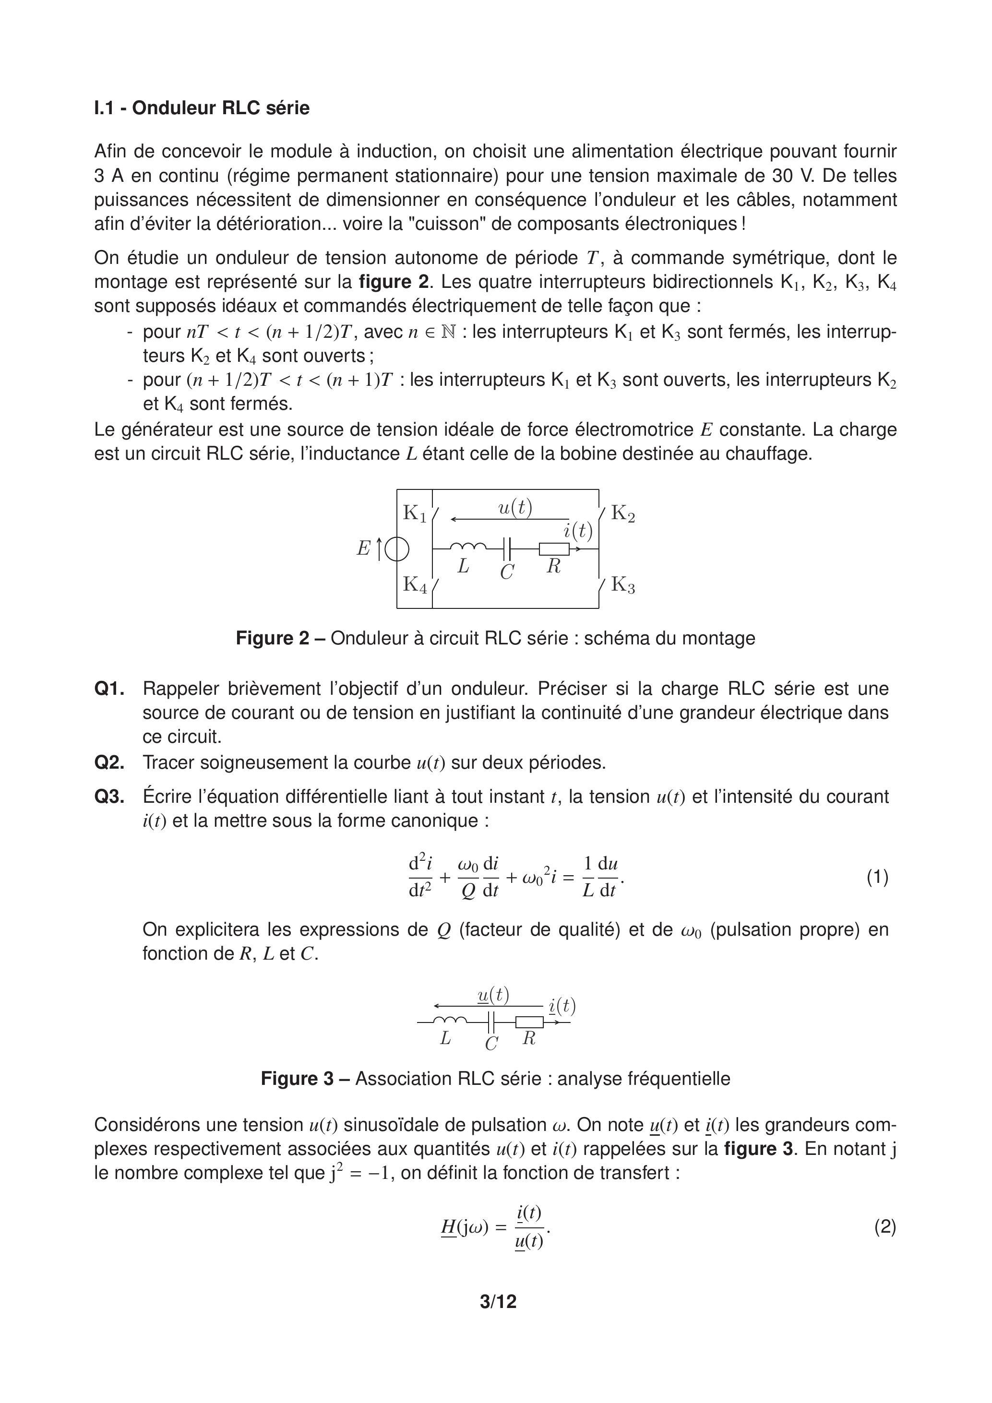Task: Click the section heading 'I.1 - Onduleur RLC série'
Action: pos(202,108)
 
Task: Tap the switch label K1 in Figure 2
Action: pos(414,513)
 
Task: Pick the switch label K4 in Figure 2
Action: pos(414,585)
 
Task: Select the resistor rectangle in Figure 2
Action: pos(554,549)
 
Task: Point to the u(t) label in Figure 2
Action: pos(515,508)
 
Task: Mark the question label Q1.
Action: pos(109,689)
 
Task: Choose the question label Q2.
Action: pos(109,762)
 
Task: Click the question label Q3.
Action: pos(109,797)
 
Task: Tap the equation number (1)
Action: pos(877,878)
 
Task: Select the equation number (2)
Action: pos(884,1226)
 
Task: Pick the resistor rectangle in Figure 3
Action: pos(529,1022)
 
